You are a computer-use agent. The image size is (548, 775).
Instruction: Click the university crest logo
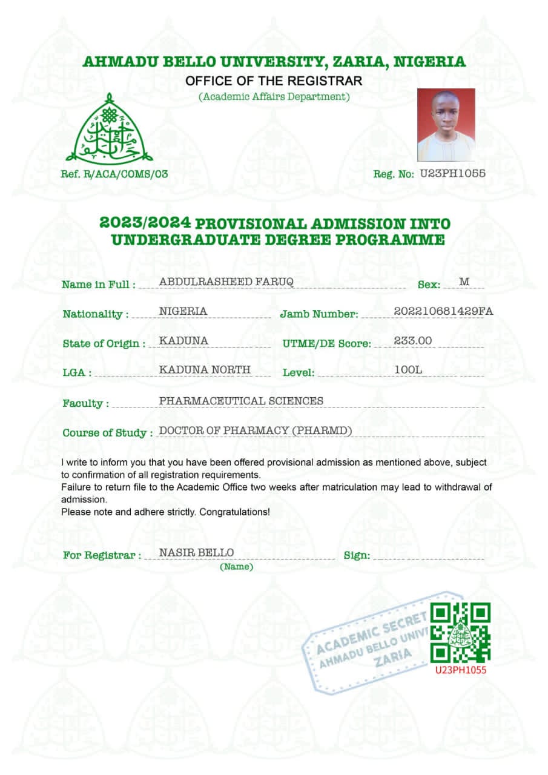point(109,128)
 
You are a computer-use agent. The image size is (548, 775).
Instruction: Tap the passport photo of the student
point(446,125)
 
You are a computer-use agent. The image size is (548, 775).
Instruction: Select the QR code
point(460,633)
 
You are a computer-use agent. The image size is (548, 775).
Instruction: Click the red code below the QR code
point(460,670)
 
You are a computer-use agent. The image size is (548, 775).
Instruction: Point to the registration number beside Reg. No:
point(452,173)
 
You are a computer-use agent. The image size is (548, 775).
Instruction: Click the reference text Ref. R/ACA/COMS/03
point(114,174)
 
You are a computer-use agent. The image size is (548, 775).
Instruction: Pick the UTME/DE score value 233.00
point(413,341)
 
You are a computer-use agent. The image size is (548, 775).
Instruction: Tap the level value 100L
point(407,369)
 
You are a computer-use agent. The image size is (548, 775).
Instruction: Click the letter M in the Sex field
point(464,282)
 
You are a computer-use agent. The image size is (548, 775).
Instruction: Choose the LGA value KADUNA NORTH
point(205,369)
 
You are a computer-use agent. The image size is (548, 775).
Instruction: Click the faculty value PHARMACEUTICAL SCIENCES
point(241,401)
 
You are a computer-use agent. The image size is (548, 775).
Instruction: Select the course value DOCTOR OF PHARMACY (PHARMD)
point(255,430)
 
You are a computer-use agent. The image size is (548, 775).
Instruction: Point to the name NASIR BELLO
point(196,552)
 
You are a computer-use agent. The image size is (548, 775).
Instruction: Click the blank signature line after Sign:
point(428,556)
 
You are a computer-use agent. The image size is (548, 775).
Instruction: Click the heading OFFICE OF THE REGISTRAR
point(274,81)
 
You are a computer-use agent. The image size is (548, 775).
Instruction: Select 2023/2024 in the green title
point(145,223)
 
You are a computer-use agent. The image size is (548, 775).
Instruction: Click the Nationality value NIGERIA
point(183,311)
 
